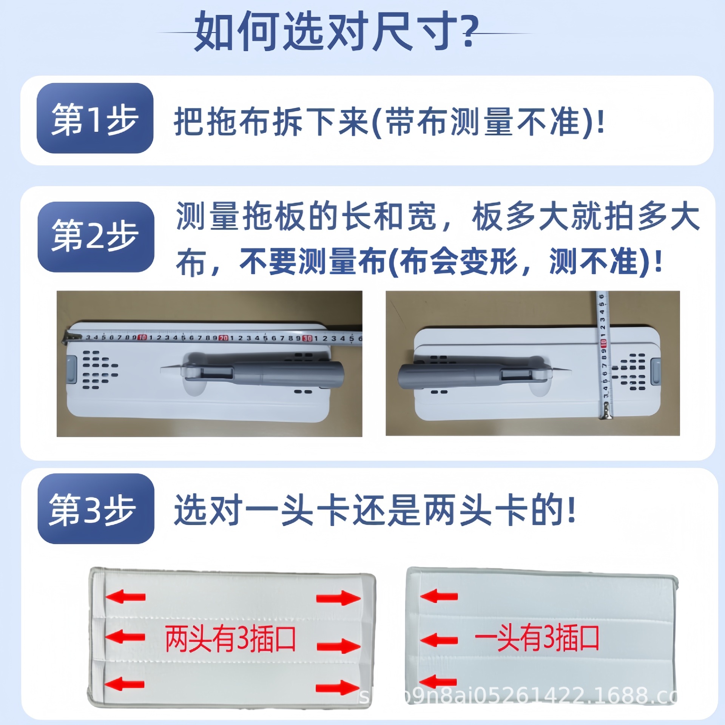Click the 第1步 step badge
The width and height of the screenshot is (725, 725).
(95, 118)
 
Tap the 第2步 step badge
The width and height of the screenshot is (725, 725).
(96, 237)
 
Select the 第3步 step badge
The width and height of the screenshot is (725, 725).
(96, 509)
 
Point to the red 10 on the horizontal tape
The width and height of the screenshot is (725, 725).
(142, 337)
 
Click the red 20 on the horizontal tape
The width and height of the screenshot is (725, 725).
(224, 338)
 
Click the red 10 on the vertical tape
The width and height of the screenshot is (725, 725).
(603, 343)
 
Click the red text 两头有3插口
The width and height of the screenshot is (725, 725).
(230, 639)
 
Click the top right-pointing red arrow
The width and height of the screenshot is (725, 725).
(338, 599)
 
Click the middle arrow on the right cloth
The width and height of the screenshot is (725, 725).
(439, 640)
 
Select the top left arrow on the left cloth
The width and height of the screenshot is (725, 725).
(125, 597)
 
